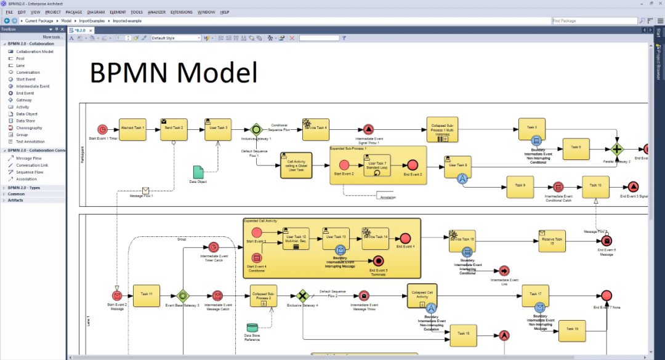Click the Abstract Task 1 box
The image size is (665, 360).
pyautogui.click(x=132, y=129)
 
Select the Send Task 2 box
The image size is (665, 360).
pyautogui.click(x=174, y=129)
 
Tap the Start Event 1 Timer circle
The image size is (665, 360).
pyautogui.click(x=102, y=129)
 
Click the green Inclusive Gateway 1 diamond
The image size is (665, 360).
pyautogui.click(x=256, y=129)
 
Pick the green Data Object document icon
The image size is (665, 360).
pyautogui.click(x=198, y=172)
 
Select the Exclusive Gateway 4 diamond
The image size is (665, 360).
pyautogui.click(x=302, y=295)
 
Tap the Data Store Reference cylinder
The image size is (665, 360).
pyautogui.click(x=252, y=328)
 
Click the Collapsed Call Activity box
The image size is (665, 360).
pyautogui.click(x=422, y=295)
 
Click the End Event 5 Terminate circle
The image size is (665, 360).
pyautogui.click(x=378, y=261)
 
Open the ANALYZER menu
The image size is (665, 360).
pyautogui.click(x=156, y=12)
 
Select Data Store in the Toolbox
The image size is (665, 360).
pyautogui.click(x=26, y=121)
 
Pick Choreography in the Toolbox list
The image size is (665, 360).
pyautogui.click(x=29, y=128)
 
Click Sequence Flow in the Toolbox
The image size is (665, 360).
pyautogui.click(x=30, y=172)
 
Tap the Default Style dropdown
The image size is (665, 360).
pyautogui.click(x=176, y=38)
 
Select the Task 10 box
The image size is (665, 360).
pyautogui.click(x=595, y=186)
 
